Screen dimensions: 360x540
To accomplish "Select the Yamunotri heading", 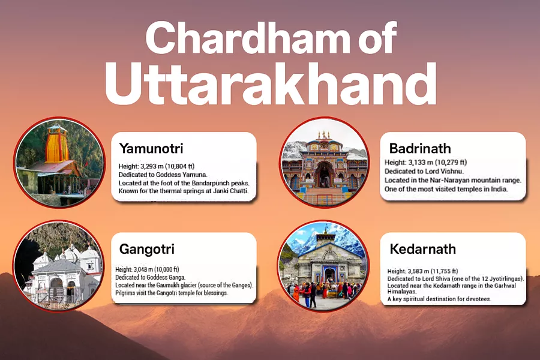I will coord(151,148).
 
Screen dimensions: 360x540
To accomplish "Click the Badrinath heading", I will coord(420,148).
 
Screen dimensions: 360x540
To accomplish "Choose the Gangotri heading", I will coord(147,249).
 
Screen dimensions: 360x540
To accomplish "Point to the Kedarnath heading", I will coord(422,249).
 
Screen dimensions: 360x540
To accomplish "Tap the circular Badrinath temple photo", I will coord(324,163).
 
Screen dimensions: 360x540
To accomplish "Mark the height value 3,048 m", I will coord(148,270).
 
